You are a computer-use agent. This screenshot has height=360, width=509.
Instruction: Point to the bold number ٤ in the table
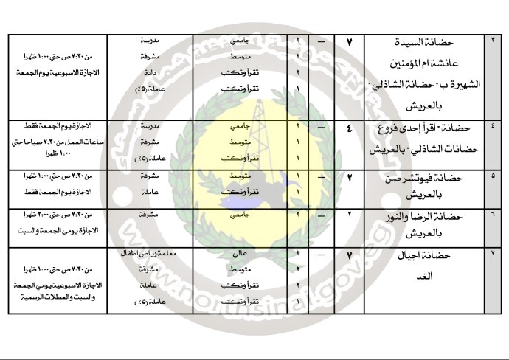pyautogui.click(x=349, y=128)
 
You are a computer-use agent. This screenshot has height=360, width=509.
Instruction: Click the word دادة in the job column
pyautogui.click(x=153, y=72)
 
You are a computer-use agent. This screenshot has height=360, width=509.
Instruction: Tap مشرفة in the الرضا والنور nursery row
pyautogui.click(x=153, y=215)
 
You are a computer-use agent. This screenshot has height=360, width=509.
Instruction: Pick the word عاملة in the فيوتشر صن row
pyautogui.click(x=153, y=190)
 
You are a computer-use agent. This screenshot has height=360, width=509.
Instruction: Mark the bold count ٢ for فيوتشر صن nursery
pyautogui.click(x=349, y=178)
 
